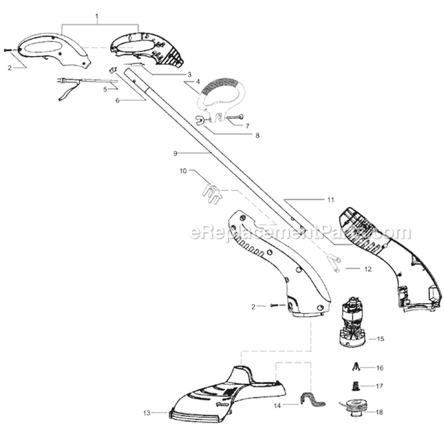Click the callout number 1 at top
(x=97, y=17)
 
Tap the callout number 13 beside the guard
(x=147, y=413)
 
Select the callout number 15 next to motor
(x=381, y=339)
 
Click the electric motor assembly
(x=352, y=322)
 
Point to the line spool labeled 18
(x=353, y=407)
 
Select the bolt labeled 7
(x=235, y=116)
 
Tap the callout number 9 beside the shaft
(x=175, y=153)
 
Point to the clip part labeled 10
(x=211, y=194)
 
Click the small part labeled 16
(x=356, y=367)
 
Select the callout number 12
(x=368, y=269)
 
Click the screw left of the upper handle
(x=8, y=50)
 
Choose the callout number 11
(x=331, y=200)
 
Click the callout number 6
(x=118, y=100)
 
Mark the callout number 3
(x=189, y=74)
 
